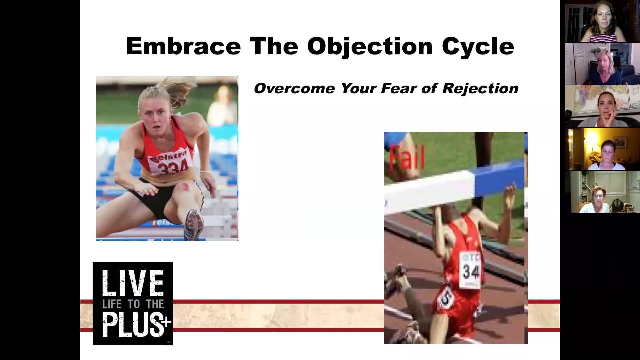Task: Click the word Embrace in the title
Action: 183,46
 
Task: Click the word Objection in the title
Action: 370,46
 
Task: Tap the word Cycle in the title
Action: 478,46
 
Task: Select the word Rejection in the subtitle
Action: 480,89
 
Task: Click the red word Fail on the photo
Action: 407,157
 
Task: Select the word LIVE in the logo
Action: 133,284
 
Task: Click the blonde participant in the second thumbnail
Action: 603,65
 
